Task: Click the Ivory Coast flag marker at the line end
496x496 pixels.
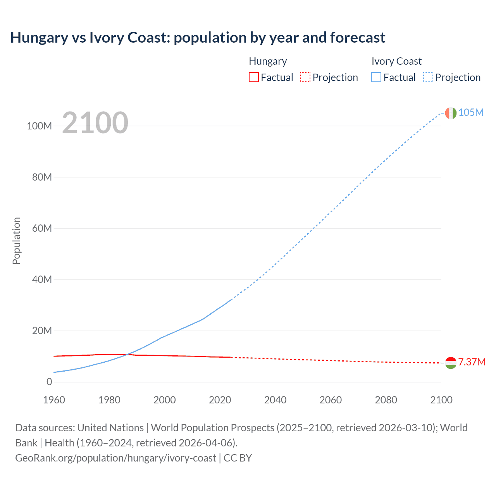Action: point(451,113)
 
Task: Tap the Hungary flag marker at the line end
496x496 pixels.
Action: point(451,363)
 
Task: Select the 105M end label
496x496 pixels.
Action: point(471,112)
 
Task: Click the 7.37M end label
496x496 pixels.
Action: point(472,362)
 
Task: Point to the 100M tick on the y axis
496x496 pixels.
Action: point(39,126)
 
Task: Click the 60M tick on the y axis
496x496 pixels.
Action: point(42,228)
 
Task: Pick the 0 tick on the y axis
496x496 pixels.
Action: point(49,382)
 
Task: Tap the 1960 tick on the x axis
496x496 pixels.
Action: point(54,400)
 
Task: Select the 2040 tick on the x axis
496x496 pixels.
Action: point(275,400)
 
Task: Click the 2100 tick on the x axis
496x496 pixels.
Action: point(441,400)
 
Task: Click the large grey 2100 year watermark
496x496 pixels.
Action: point(95,123)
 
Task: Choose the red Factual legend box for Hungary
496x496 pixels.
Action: point(253,77)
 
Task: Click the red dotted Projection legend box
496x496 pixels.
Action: point(305,77)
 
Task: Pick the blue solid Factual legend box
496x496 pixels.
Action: point(376,77)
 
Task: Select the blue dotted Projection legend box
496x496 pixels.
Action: point(428,77)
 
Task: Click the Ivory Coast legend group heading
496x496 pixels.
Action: point(396,61)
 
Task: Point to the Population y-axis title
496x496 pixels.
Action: point(16,241)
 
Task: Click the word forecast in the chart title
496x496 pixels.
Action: point(358,38)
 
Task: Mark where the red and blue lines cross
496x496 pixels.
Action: point(127,355)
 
